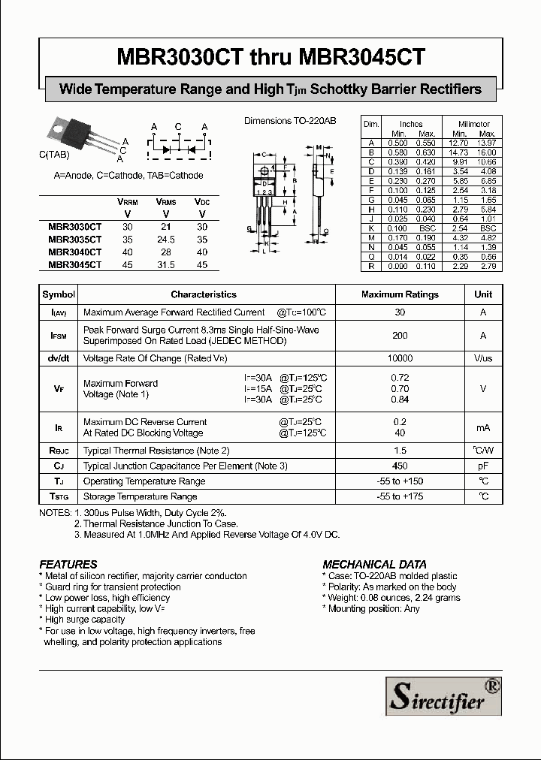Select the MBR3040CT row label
[74, 253]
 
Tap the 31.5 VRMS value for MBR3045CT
[165, 265]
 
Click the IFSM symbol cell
[59, 336]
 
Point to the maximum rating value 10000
[400, 359]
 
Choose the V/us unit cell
[483, 359]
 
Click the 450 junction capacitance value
[400, 466]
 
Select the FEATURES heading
[68, 564]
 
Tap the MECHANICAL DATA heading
[374, 564]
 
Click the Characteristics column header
[204, 294]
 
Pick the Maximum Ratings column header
[400, 294]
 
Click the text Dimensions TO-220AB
[290, 120]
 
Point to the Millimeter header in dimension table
[473, 124]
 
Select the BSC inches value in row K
[427, 228]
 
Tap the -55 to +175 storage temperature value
[400, 496]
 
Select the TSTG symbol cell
[59, 496]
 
